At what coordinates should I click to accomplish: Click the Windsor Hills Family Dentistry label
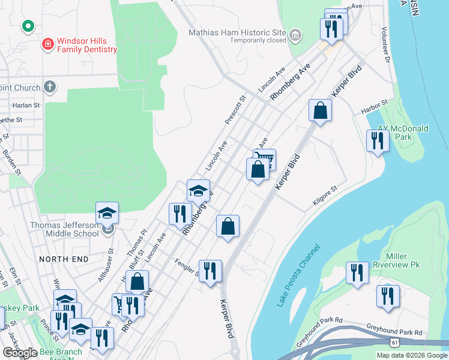pyautogui.click(x=87, y=45)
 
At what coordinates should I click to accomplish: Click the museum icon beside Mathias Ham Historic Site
pyautogui.click(x=295, y=35)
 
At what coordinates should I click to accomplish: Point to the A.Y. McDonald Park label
pyautogui.click(x=403, y=133)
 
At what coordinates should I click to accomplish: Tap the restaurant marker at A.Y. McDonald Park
pyautogui.click(x=378, y=141)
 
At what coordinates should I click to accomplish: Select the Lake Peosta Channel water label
pyautogui.click(x=298, y=276)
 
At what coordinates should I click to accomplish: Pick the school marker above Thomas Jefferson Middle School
pyautogui.click(x=107, y=213)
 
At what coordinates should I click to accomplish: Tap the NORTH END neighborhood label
pyautogui.click(x=64, y=259)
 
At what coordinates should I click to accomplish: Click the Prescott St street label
pyautogui.click(x=235, y=110)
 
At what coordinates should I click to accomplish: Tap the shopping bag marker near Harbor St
pyautogui.click(x=320, y=110)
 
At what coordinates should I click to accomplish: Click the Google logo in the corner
pyautogui.click(x=20, y=353)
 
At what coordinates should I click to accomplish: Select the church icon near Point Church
pyautogui.click(x=50, y=87)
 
